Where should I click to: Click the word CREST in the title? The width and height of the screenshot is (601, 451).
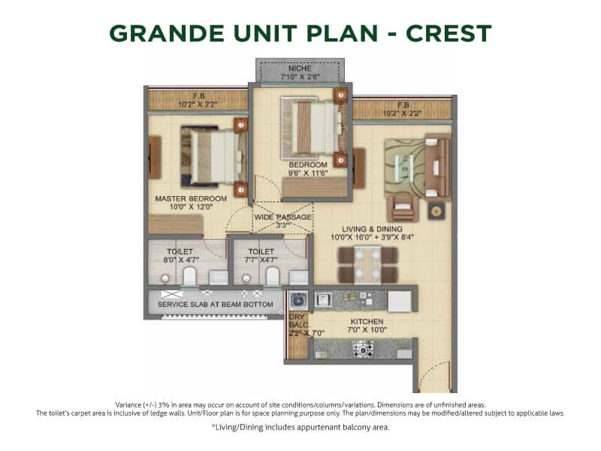(448, 33)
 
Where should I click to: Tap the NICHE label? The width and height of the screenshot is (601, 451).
(300, 68)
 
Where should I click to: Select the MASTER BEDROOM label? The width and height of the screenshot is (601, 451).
(191, 198)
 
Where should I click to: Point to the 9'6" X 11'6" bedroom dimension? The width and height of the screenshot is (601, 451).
(308, 174)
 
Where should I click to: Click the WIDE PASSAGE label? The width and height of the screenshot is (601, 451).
(283, 217)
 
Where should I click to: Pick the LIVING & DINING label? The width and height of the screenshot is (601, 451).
(372, 229)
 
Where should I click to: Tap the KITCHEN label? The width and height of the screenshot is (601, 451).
(367, 322)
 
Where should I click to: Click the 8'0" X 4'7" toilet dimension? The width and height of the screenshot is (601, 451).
(180, 260)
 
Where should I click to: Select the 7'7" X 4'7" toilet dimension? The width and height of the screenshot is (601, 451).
(261, 260)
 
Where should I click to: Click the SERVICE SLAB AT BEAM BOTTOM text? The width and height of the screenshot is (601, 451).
(216, 304)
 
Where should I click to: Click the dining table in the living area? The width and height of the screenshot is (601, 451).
(367, 265)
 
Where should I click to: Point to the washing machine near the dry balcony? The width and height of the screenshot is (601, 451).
(298, 301)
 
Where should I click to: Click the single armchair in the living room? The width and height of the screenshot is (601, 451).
(403, 208)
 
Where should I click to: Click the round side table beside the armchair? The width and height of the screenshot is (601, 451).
(436, 211)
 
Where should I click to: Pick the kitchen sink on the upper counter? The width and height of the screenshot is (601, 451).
(323, 299)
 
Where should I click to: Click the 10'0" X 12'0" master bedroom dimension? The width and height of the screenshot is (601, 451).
(191, 207)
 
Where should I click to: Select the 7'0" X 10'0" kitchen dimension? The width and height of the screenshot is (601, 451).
(367, 330)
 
